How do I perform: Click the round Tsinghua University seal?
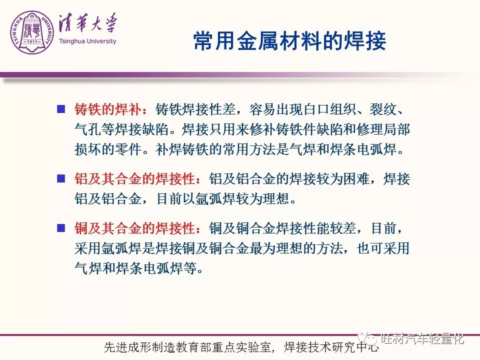point(32,32)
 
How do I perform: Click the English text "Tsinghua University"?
point(87,41)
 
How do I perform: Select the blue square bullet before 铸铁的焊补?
point(61,109)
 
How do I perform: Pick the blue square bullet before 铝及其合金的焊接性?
point(61,178)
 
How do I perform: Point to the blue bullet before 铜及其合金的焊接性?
point(61,228)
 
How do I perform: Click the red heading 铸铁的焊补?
point(108,109)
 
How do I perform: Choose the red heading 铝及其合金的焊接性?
point(134,179)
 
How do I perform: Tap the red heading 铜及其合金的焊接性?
point(134,228)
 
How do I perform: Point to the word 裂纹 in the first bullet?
point(383,109)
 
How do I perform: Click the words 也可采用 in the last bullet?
point(383,248)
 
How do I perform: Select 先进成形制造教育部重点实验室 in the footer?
point(187,347)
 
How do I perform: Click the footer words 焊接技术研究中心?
point(331,347)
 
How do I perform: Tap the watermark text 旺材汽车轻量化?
point(422,338)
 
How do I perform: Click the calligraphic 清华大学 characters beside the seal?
point(88,23)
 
